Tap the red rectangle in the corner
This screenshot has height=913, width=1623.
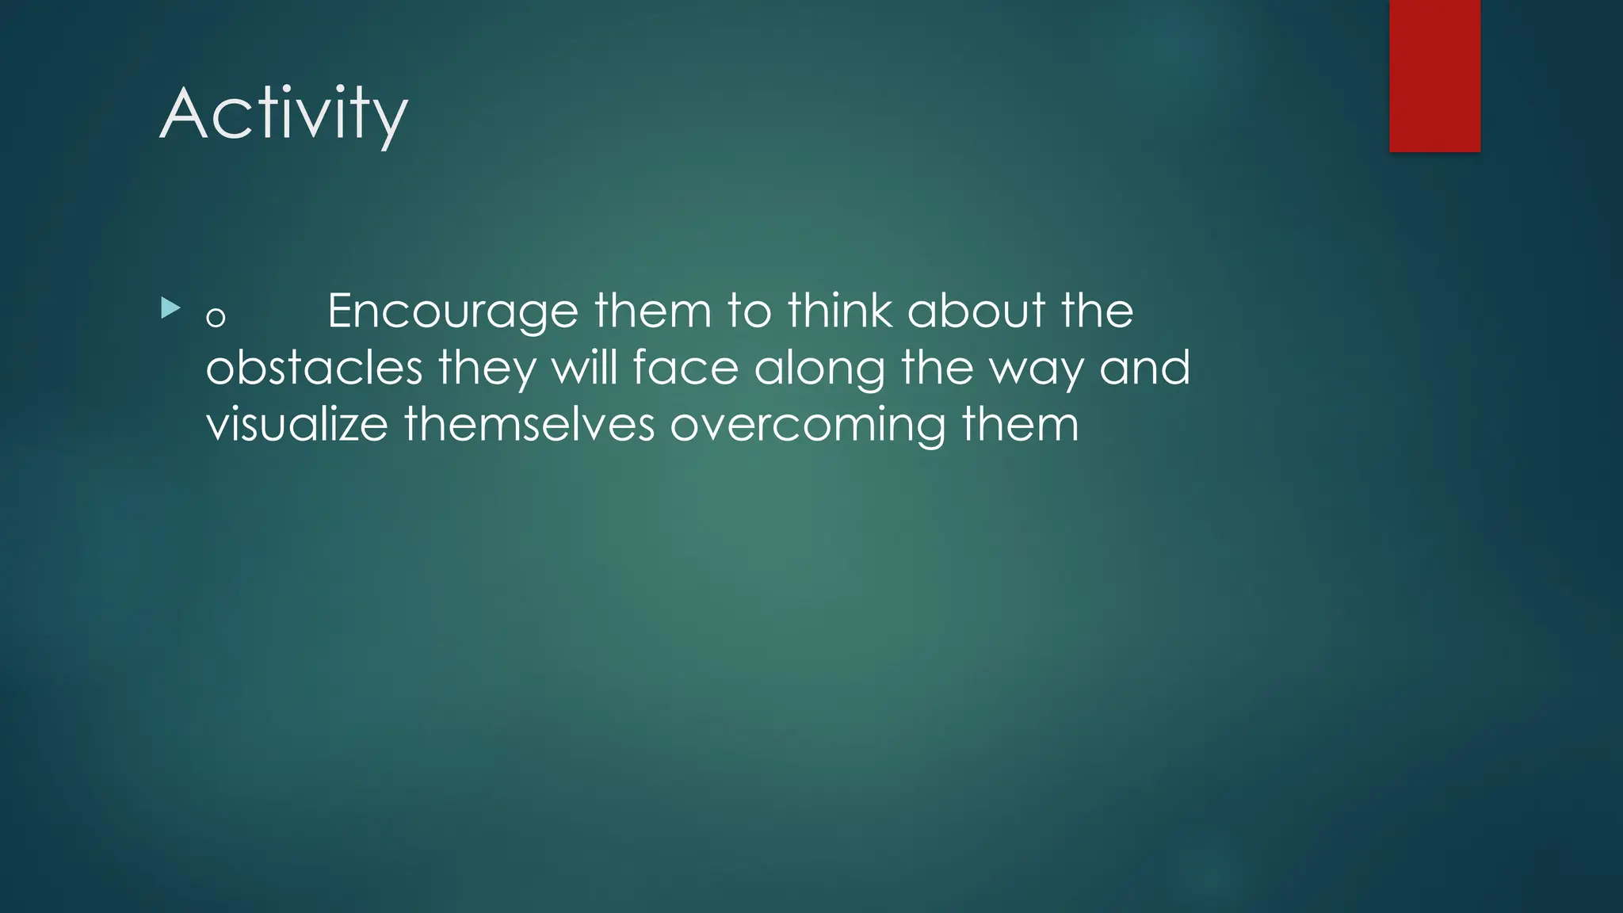tap(1434, 75)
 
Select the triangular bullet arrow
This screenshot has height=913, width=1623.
tap(170, 308)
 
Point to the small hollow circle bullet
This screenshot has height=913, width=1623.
tap(216, 318)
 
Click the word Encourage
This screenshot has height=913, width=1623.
tap(453, 311)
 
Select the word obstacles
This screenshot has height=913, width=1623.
tap(314, 369)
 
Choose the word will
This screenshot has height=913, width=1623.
tap(584, 369)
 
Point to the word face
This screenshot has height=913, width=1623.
tap(685, 369)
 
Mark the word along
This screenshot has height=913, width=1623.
tap(819, 369)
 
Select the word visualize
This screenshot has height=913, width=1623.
tap(297, 425)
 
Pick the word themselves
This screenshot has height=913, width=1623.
tap(529, 425)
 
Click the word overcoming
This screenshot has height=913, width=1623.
tap(808, 425)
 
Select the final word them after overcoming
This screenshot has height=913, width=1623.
tap(1020, 425)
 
